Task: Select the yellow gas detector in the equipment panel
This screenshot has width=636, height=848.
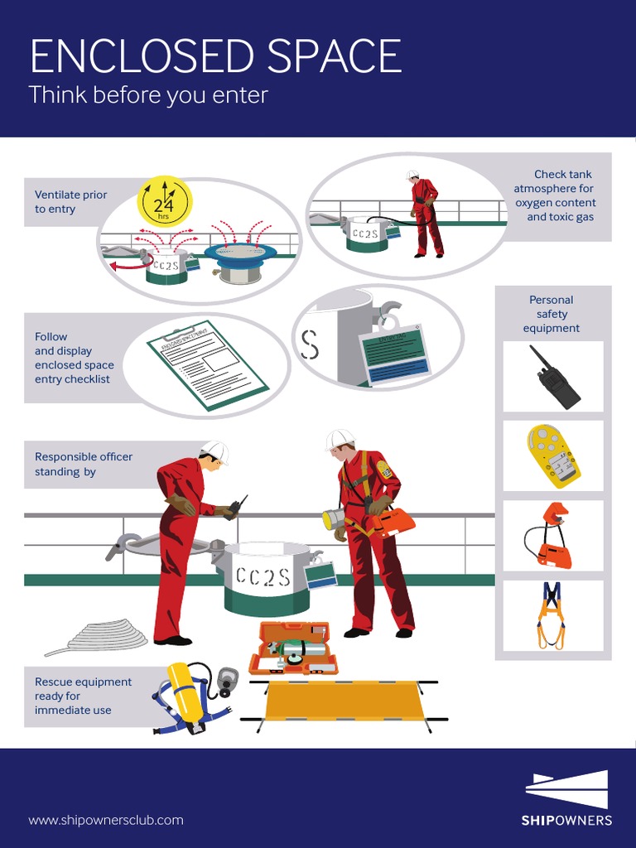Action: click(552, 455)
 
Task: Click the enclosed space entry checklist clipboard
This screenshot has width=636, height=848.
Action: click(208, 365)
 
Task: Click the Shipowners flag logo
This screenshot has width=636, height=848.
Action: click(567, 789)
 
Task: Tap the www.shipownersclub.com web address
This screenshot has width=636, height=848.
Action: click(106, 821)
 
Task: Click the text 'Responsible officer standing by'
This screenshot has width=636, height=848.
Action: click(83, 464)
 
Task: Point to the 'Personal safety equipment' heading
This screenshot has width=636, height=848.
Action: click(552, 314)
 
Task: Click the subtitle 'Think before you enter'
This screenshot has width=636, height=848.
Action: click(148, 95)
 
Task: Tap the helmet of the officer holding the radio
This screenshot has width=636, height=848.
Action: click(215, 451)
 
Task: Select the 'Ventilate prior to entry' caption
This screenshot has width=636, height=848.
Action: click(70, 202)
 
